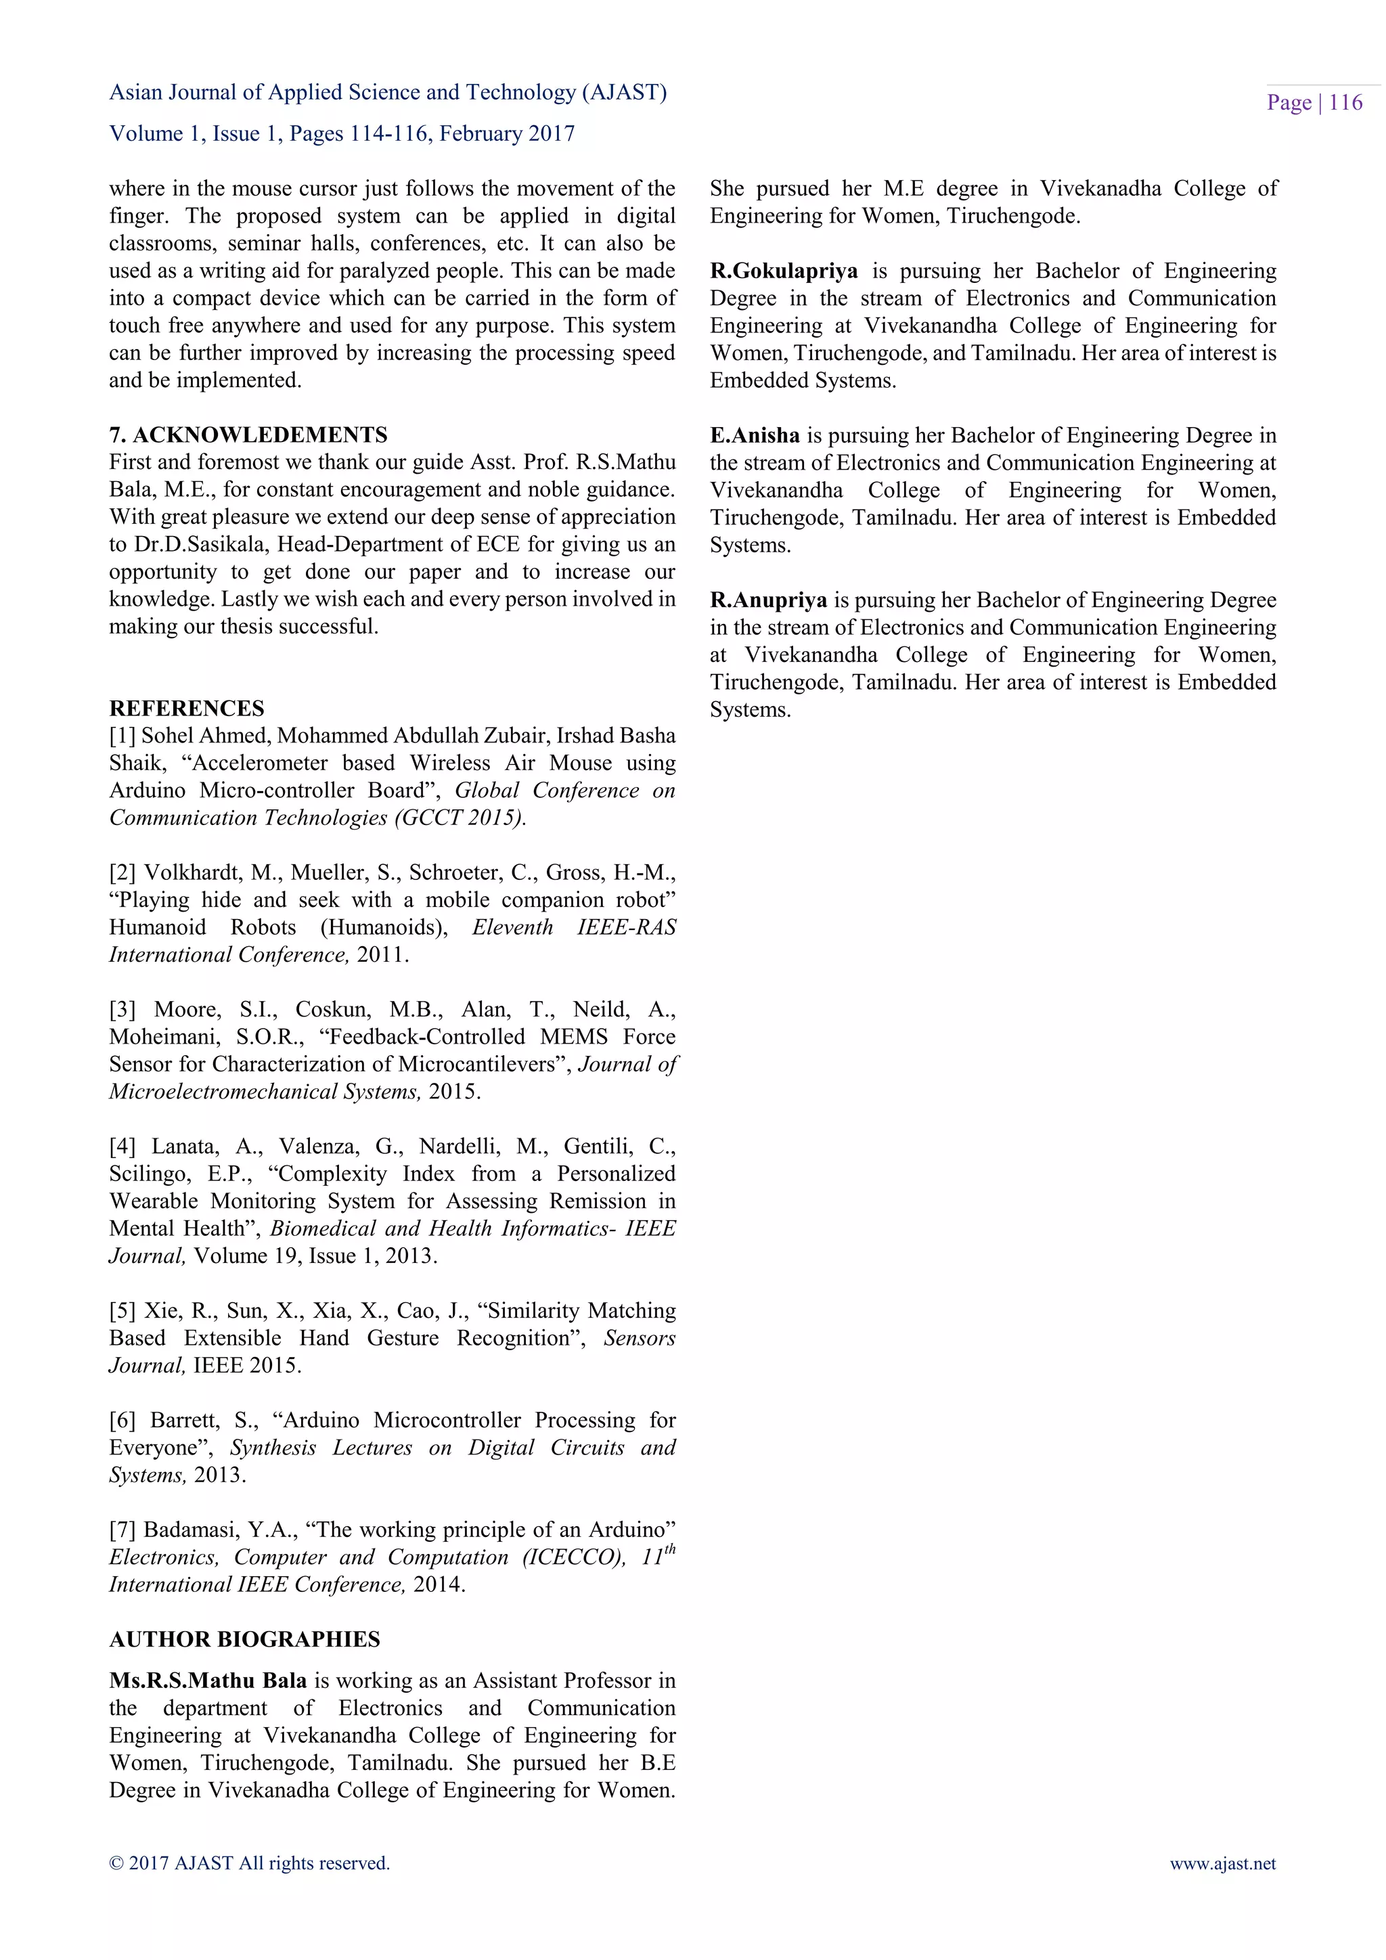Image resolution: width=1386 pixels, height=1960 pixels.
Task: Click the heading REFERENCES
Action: [186, 708]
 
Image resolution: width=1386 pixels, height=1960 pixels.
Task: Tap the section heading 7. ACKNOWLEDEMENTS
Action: [248, 435]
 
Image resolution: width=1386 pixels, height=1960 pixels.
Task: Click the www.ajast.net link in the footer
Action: [1222, 1863]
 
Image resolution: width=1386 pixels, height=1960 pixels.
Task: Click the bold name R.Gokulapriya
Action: [784, 271]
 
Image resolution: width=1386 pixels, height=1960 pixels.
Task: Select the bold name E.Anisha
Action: [755, 435]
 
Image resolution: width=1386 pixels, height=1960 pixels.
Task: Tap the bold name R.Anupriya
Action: [768, 600]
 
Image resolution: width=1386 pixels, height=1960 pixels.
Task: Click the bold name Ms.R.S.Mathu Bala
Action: [207, 1680]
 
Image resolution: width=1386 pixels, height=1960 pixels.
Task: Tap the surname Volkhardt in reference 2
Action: [192, 872]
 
